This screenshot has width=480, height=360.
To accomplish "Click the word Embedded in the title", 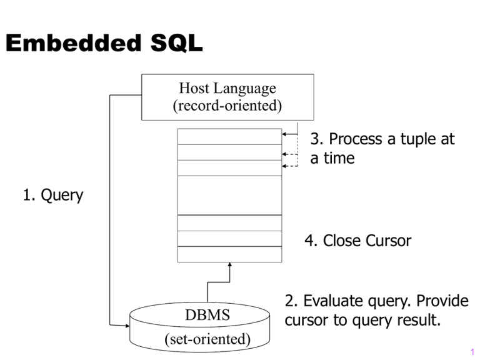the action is pos(74,43).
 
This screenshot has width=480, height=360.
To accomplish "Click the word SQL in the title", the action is pos(177,43).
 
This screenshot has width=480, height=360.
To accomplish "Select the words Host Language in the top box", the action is pos(227,88).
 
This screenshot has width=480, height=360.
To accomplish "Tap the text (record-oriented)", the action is pos(227,106).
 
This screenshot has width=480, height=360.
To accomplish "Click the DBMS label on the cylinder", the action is pos(207,315).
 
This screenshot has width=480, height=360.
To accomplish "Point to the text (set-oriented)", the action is pos(207,339).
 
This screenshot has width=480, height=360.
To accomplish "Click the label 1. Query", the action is pos(53,195).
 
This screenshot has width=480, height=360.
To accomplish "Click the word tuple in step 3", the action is pos(419,139).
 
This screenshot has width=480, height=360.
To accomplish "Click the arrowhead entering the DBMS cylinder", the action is pos(127,326).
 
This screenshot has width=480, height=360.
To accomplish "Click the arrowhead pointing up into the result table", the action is pos(230,264).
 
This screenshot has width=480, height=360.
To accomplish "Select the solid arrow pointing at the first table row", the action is pos(290,134).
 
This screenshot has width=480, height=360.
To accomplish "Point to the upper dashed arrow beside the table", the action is pos(290,154).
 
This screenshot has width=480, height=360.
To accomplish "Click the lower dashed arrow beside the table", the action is pos(290,166).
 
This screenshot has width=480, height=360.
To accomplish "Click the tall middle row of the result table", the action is pos(229,195).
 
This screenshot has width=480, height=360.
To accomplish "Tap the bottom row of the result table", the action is pos(229,254).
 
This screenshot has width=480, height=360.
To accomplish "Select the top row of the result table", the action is pos(229,137).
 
